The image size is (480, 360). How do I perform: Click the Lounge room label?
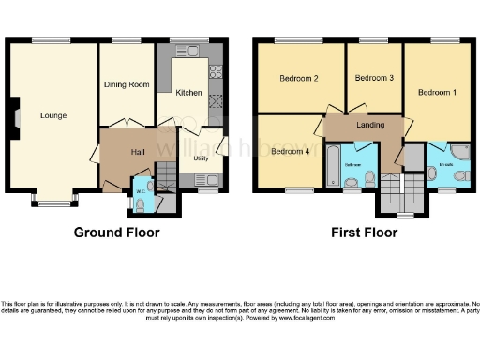(x=52, y=116)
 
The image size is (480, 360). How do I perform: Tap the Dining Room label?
(x=127, y=84)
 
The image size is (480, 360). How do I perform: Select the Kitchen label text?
(x=189, y=93)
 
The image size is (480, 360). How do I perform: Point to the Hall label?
(x=137, y=151)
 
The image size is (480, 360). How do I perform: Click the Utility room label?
(x=201, y=157)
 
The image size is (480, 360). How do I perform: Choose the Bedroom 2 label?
(x=300, y=78)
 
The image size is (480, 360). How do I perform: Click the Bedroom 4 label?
(x=290, y=151)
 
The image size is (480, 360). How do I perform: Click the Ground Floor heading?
(x=117, y=232)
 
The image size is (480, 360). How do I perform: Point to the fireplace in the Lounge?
(x=16, y=115)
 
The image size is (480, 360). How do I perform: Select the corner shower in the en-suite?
(x=459, y=152)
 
